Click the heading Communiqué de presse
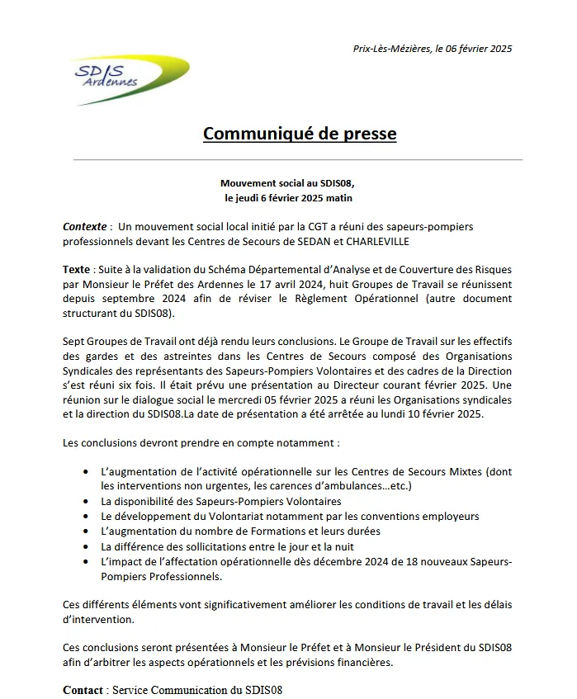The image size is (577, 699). [300, 133]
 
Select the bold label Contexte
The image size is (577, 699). [85, 226]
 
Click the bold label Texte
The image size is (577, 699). [78, 270]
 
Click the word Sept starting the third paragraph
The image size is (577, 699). [73, 341]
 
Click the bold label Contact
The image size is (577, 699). [84, 689]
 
